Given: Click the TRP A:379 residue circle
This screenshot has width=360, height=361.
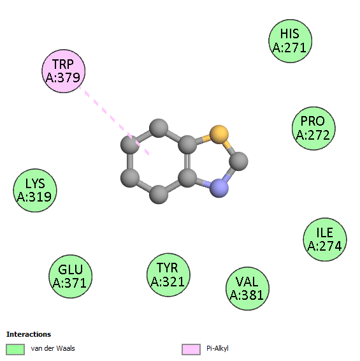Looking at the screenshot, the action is pos(64,71).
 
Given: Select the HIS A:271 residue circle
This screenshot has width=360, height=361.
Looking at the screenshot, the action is pos(291,41).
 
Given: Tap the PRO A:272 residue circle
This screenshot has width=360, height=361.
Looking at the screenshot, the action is pos(313,128).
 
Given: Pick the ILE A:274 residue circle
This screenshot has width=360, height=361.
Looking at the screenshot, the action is pos(325,239).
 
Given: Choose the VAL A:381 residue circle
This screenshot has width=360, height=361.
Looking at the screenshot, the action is pos(247,288).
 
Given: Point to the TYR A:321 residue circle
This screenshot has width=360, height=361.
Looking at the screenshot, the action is pos(168,275).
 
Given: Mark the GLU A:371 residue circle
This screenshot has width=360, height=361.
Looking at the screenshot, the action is pos(70,276).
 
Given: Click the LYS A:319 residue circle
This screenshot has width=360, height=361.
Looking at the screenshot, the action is pos(35,191).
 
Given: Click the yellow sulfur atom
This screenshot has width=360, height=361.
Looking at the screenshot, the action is pos(219,135).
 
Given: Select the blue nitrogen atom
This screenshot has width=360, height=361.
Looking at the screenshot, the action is pos(219,188).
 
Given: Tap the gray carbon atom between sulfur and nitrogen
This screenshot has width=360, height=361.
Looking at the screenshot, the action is pos(238,161).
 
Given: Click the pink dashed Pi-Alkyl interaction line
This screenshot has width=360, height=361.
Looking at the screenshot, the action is pos(114,121).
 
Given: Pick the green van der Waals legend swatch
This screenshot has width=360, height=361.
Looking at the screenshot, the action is pos(15,350).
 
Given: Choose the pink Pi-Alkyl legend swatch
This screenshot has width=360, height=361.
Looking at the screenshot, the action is pos(191,350).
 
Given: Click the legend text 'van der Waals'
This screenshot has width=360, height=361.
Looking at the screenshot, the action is pos(53,348).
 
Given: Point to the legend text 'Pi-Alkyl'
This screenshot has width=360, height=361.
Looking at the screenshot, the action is pos(217,348).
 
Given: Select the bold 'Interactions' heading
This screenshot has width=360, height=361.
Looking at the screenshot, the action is pos(29,334).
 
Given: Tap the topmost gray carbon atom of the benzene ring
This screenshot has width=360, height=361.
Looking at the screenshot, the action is pos(159,128).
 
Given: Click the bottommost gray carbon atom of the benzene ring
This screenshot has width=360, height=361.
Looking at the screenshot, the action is pos(159,195).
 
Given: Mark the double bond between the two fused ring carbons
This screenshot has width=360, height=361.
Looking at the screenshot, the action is pos(187,161).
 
